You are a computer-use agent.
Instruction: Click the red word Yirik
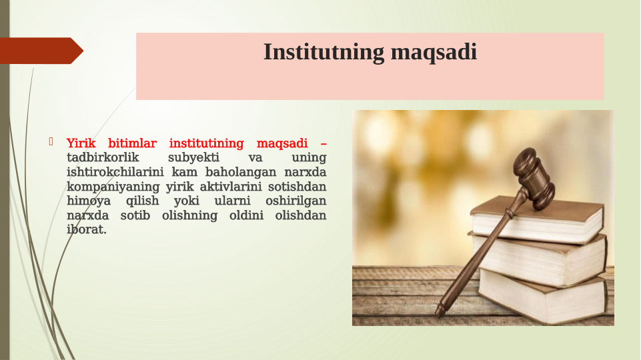coord(81,143)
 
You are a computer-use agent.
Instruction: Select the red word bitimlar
coord(132,143)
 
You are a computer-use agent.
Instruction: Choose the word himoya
coord(89,201)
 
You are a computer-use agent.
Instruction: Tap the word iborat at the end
coord(86,230)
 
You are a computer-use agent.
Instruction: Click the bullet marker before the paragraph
coord(51,141)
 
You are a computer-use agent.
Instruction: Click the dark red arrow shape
coord(40,51)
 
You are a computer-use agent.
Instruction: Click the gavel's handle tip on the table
coord(441,311)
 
